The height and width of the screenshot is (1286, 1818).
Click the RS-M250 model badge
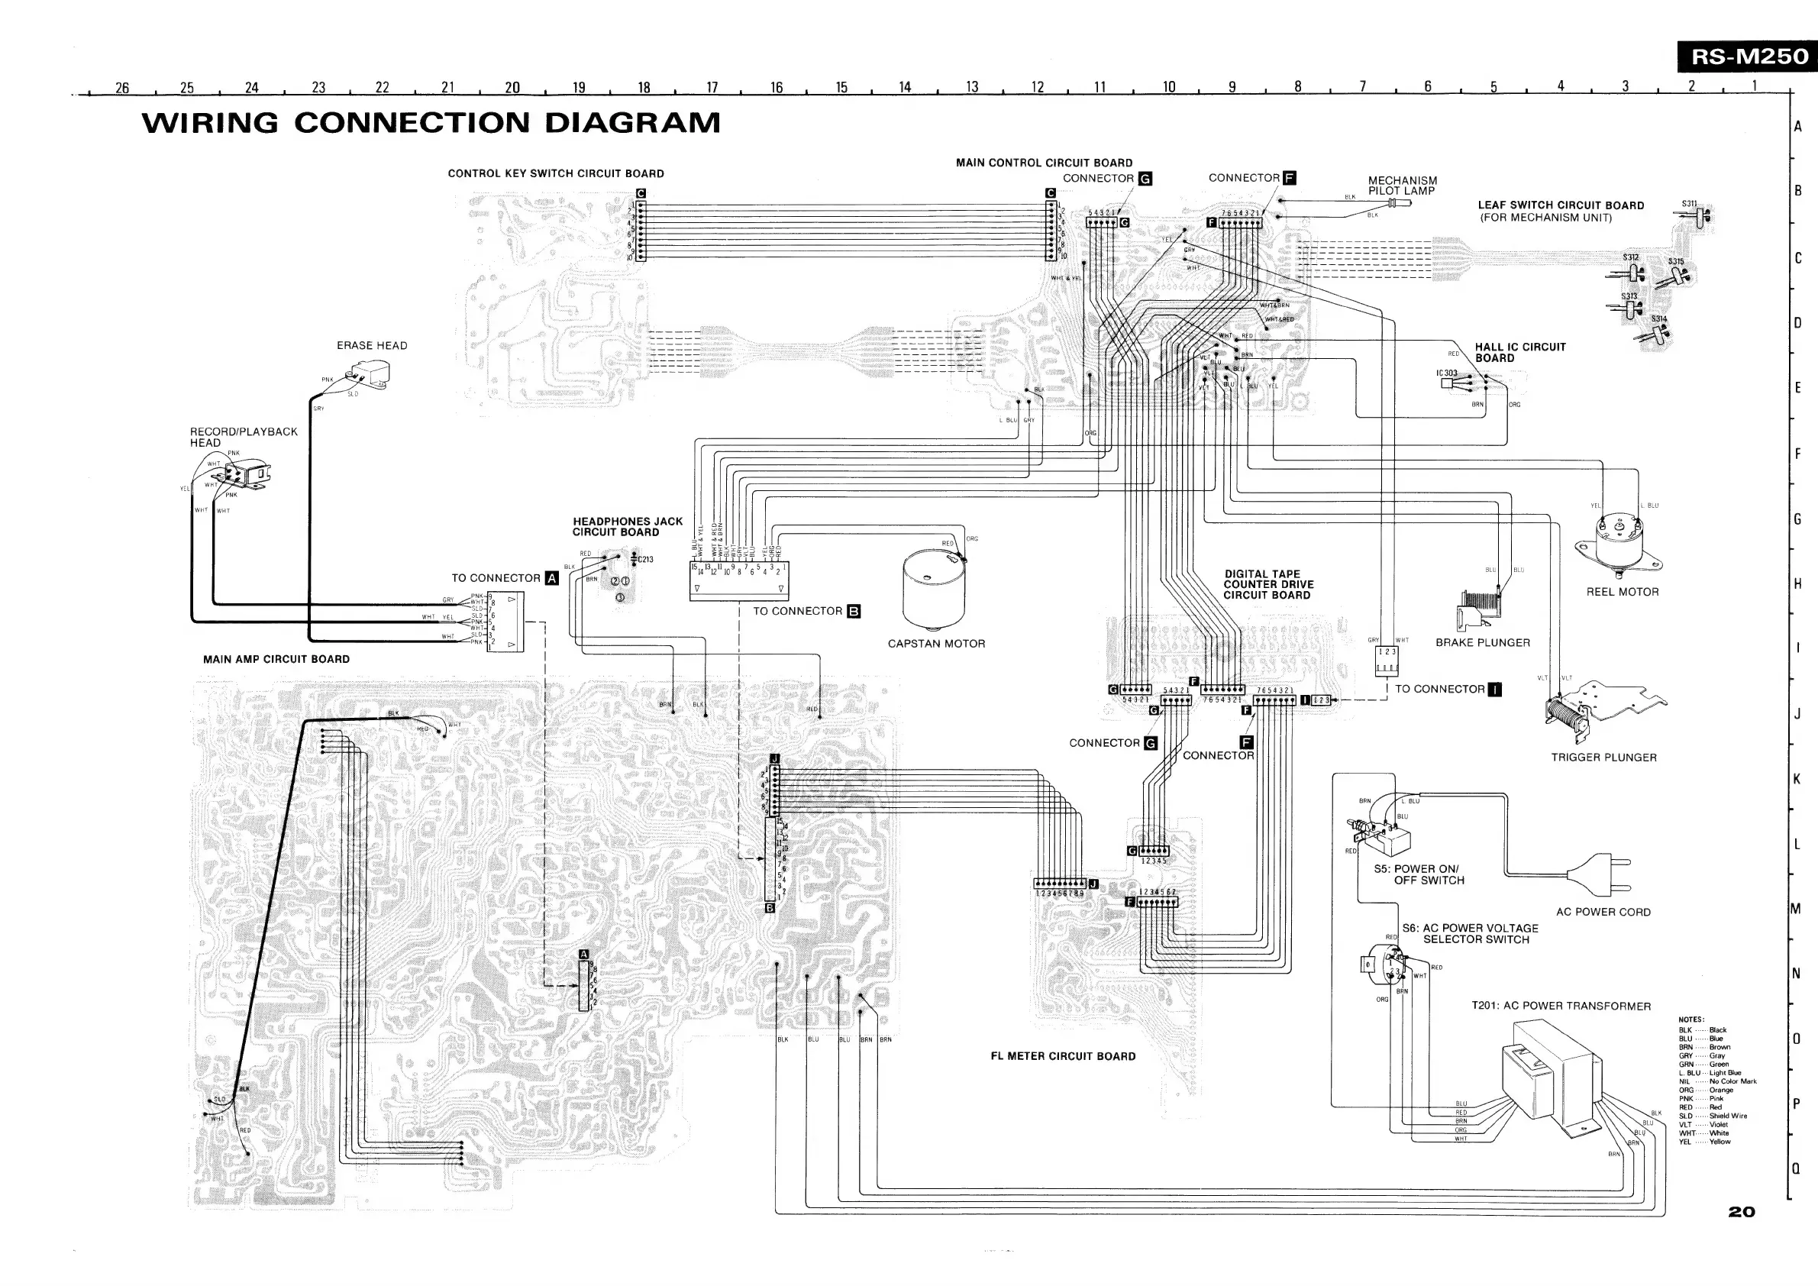point(1749,57)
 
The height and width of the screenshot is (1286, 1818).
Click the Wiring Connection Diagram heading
point(431,123)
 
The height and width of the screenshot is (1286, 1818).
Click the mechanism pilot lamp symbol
point(1397,203)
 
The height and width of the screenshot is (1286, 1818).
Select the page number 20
point(1742,1213)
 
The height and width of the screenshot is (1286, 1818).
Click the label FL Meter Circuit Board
point(1063,1056)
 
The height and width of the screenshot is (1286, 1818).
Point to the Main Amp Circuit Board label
point(276,659)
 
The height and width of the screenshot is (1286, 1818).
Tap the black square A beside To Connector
point(552,578)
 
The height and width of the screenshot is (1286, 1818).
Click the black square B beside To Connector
point(854,612)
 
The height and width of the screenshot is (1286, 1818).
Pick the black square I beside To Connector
point(1495,689)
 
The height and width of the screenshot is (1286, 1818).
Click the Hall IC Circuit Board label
point(1519,352)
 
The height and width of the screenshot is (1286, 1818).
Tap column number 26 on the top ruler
point(122,88)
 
